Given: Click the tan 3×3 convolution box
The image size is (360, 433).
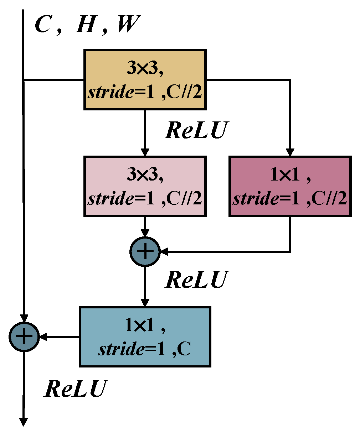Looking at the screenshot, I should (145, 80).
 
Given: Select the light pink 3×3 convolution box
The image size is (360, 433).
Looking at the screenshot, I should (145, 186).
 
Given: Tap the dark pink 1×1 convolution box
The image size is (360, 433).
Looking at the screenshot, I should (290, 186).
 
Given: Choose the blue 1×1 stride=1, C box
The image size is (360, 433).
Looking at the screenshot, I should (145, 337).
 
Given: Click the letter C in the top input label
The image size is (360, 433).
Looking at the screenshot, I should (43, 25).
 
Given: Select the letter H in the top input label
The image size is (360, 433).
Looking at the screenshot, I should (86, 25).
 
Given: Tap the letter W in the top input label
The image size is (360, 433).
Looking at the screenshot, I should (127, 25).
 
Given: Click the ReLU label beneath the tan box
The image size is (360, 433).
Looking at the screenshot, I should (196, 130).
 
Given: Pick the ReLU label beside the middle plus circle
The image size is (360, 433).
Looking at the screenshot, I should (196, 280).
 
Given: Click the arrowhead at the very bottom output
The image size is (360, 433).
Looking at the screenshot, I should (24, 422).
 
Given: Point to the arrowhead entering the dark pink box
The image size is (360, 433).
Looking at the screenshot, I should (290, 152).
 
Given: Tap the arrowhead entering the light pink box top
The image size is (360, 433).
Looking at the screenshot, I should (145, 152).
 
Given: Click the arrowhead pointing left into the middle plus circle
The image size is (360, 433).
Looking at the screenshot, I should (164, 252).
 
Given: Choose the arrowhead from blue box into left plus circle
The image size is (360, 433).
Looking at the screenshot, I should (43, 337).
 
